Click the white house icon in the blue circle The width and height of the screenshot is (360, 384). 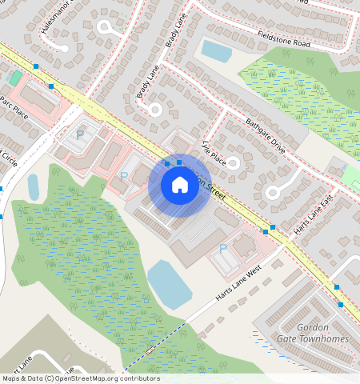point(180,185)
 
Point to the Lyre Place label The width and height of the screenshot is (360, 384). point(210,152)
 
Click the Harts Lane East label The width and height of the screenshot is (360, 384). point(312,217)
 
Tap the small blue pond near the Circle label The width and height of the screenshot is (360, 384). point(34,187)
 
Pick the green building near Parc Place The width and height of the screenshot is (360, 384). point(15,78)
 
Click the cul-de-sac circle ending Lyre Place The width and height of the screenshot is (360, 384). point(232,163)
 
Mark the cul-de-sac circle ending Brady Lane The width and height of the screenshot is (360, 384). point(154,109)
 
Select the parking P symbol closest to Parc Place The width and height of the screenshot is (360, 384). point(79,134)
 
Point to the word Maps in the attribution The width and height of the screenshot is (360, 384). point(11,378)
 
